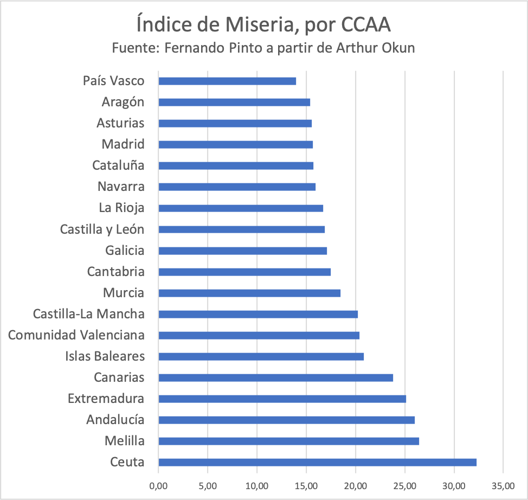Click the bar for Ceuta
tap(317, 462)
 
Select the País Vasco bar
tap(227, 81)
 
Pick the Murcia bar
tap(249, 293)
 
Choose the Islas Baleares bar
tap(261, 356)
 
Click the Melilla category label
tap(125, 441)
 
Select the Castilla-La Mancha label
tap(89, 314)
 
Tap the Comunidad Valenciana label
tap(76, 335)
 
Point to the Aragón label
tap(123, 102)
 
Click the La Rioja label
tap(121, 208)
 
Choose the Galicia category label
tap(125, 251)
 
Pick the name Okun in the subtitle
tap(399, 47)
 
